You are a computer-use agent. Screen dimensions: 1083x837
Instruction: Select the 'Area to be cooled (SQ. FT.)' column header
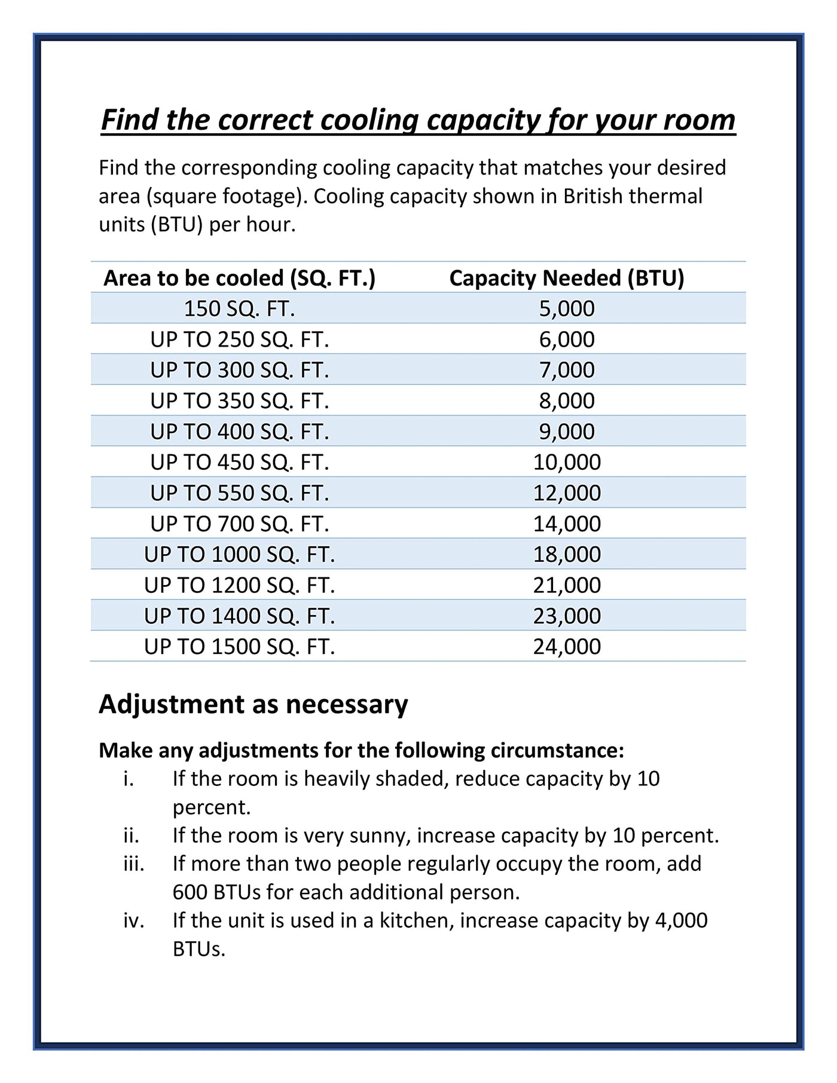[x=239, y=278]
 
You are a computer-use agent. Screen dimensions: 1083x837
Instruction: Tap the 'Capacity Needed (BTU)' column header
[x=566, y=278]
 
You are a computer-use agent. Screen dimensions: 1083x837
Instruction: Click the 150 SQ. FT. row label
[x=239, y=308]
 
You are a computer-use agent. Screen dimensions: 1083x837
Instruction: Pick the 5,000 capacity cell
[x=566, y=308]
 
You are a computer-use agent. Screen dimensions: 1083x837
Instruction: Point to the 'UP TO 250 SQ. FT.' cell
[x=239, y=339]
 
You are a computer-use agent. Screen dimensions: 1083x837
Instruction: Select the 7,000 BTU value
[x=566, y=370]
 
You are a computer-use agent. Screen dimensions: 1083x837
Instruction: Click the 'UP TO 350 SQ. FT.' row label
[x=239, y=400]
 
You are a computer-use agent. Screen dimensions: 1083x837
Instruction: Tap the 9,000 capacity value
[x=566, y=432]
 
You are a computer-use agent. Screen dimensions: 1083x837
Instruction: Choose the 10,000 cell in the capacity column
[x=566, y=462]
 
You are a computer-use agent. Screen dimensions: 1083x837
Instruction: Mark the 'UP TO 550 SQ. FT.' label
[x=239, y=493]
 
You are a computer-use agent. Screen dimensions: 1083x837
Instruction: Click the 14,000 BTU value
[x=566, y=524]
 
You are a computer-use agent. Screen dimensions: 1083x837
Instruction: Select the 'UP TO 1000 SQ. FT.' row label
[x=239, y=555]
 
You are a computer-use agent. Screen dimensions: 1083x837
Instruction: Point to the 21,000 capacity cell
[x=566, y=585]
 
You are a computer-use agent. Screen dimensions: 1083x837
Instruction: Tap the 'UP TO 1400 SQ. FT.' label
[x=239, y=616]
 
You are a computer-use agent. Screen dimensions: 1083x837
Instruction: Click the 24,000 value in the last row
[x=566, y=647]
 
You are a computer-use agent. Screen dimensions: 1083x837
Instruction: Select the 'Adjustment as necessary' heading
[x=253, y=704]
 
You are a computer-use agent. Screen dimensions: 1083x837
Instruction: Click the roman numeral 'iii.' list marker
[x=134, y=864]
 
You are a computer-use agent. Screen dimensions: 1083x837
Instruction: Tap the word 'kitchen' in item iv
[x=414, y=920]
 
